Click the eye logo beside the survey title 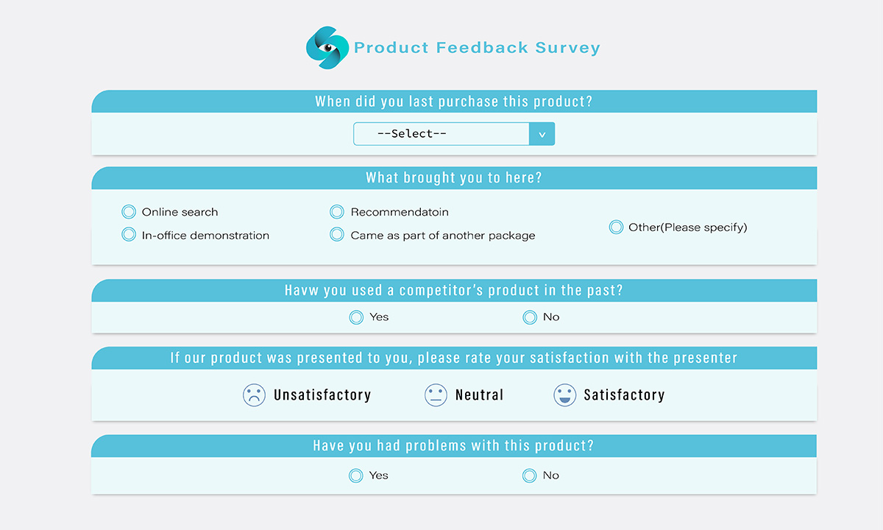(327, 48)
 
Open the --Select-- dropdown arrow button (542, 134)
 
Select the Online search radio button (129, 212)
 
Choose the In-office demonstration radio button (129, 235)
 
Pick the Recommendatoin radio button (337, 212)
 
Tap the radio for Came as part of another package (337, 235)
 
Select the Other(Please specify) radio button (616, 227)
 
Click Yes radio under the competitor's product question (356, 317)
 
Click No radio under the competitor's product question (530, 317)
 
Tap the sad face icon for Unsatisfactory (255, 395)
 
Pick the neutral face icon (436, 395)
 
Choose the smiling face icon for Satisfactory (565, 395)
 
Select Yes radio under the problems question (356, 476)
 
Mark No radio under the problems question (529, 476)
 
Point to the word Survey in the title (567, 48)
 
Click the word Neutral (479, 395)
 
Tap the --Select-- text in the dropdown (412, 134)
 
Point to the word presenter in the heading (705, 358)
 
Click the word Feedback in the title (482, 48)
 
